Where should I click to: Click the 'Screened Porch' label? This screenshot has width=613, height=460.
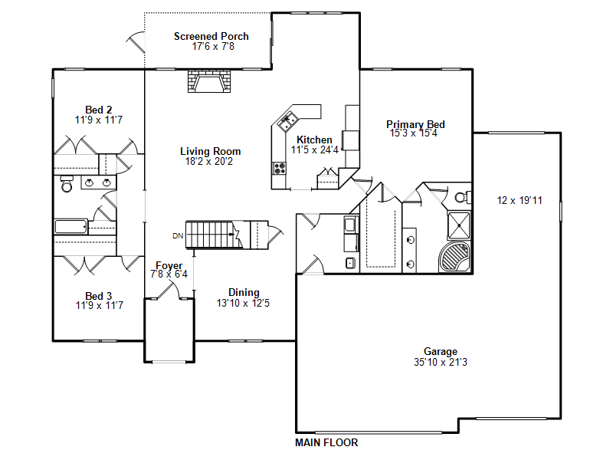click(x=211, y=36)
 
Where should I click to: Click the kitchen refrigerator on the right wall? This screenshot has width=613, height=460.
click(x=350, y=140)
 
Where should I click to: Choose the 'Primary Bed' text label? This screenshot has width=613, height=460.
click(x=415, y=124)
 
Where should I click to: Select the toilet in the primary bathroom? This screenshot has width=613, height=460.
click(x=461, y=197)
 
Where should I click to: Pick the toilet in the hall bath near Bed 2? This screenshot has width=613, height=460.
click(x=66, y=186)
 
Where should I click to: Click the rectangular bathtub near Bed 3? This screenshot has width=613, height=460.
click(x=70, y=227)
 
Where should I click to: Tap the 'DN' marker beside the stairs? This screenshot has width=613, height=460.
click(x=178, y=235)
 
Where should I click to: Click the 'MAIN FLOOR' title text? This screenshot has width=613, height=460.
click(x=326, y=442)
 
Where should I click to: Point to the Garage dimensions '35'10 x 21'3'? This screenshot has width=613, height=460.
click(x=440, y=362)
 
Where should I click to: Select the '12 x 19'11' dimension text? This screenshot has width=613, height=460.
click(x=520, y=201)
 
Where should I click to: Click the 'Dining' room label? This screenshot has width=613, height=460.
click(x=244, y=292)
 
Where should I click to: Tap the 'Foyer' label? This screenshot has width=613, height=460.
click(x=169, y=266)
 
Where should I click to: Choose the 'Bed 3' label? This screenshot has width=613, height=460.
click(x=99, y=296)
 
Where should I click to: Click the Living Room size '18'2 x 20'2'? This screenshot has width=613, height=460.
click(x=210, y=161)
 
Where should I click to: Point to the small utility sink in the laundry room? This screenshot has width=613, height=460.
click(x=350, y=263)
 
